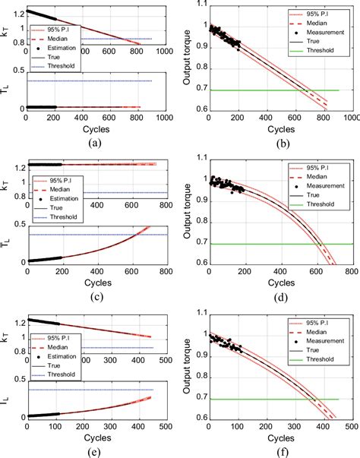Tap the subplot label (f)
(279, 450)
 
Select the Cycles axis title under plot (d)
(279, 283)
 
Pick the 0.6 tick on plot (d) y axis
(196, 264)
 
